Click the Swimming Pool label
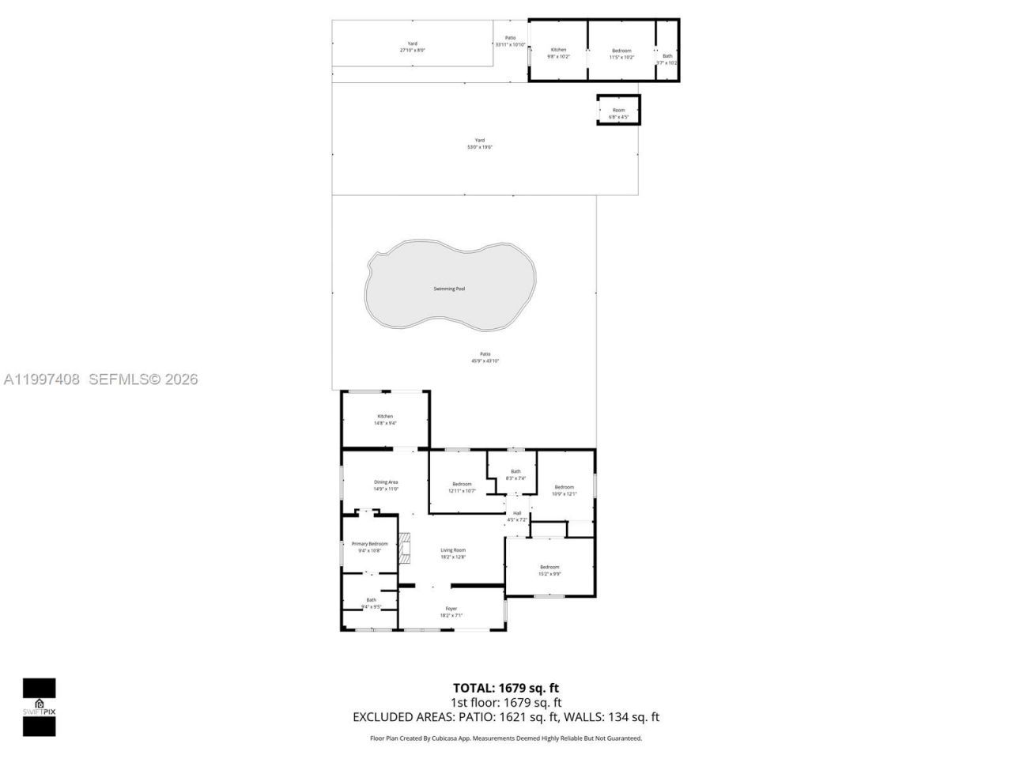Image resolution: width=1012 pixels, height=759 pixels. tap(449, 289)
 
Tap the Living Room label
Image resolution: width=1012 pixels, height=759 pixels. tap(453, 553)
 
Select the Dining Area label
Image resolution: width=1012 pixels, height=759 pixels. tap(386, 485)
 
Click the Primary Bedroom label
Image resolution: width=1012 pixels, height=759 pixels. tap(369, 547)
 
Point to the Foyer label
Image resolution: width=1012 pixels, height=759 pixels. tap(451, 612)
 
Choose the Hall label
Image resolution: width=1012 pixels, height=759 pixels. tap(517, 516)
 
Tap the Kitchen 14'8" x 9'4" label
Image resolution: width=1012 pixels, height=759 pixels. tap(385, 420)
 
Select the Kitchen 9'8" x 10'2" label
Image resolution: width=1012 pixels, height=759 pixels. tap(558, 53)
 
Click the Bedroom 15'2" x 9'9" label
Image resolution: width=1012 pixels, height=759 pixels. tap(549, 570)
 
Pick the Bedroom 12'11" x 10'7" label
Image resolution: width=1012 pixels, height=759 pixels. tap(462, 487)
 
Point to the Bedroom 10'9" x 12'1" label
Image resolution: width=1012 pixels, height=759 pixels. tap(564, 490)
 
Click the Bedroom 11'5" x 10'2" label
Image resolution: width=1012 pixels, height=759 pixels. tap(621, 54)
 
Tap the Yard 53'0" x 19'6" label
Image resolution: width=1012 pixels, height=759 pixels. tap(480, 143)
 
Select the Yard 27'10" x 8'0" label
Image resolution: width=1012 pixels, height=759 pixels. tap(412, 47)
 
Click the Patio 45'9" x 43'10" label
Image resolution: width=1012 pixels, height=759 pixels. tap(485, 357)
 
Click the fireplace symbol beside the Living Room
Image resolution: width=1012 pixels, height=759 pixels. tap(405, 547)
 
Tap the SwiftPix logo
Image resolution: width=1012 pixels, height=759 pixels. tap(39, 707)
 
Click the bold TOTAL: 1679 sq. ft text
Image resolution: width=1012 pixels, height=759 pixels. tap(505, 688)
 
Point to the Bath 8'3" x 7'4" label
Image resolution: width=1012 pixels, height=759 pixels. tap(515, 474)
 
